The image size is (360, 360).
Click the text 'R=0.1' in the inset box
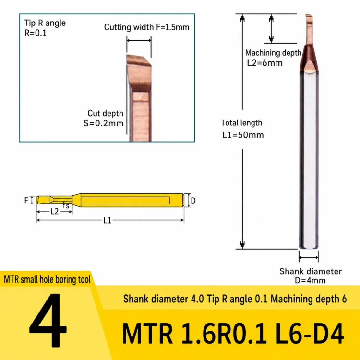tap(36, 33)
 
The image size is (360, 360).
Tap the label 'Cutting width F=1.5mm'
tap(147, 27)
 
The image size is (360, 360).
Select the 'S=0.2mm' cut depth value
tap(103, 123)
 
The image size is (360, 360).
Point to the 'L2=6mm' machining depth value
tap(264, 63)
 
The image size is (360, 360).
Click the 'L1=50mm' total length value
tap(243, 135)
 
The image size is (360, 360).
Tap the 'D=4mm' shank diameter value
tap(310, 280)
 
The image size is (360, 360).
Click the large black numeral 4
tap(48, 320)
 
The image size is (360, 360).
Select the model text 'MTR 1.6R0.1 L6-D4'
tap(233, 333)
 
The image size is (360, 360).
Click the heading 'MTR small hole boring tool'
tap(48, 279)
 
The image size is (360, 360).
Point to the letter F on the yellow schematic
tap(26, 201)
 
